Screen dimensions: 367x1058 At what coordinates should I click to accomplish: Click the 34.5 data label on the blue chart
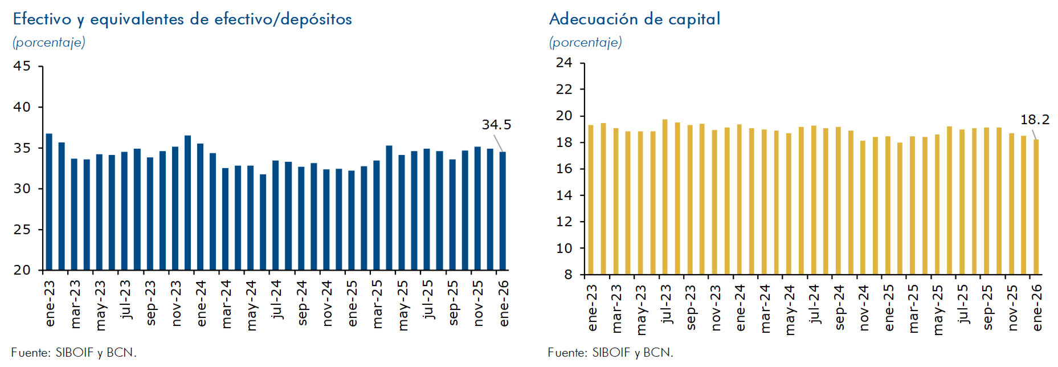tap(496, 124)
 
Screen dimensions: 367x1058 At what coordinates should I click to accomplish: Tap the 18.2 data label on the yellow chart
tap(1035, 120)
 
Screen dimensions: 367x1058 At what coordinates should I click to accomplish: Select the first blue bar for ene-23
tap(49, 202)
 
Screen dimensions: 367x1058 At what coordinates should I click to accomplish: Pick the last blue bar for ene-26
tap(503, 210)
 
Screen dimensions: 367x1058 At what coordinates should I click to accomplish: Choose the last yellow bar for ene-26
tap(1036, 207)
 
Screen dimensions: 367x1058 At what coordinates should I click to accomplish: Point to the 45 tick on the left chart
tap(22, 66)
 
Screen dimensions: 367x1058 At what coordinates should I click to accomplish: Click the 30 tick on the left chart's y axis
tap(22, 189)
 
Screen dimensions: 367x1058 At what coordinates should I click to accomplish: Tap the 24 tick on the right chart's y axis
tap(564, 63)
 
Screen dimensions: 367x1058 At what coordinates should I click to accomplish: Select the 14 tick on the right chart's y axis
tap(564, 195)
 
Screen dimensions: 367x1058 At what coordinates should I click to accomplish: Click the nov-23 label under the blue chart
tap(176, 303)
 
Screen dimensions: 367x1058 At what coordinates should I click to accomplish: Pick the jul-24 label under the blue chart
tap(277, 299)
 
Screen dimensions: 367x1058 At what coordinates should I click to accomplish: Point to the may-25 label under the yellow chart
tap(938, 309)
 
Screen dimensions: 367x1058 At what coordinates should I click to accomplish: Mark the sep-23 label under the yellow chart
tap(691, 307)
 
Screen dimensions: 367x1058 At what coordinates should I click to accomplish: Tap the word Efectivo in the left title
tap(42, 19)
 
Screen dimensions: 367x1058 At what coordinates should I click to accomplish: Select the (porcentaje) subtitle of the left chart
tap(49, 42)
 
